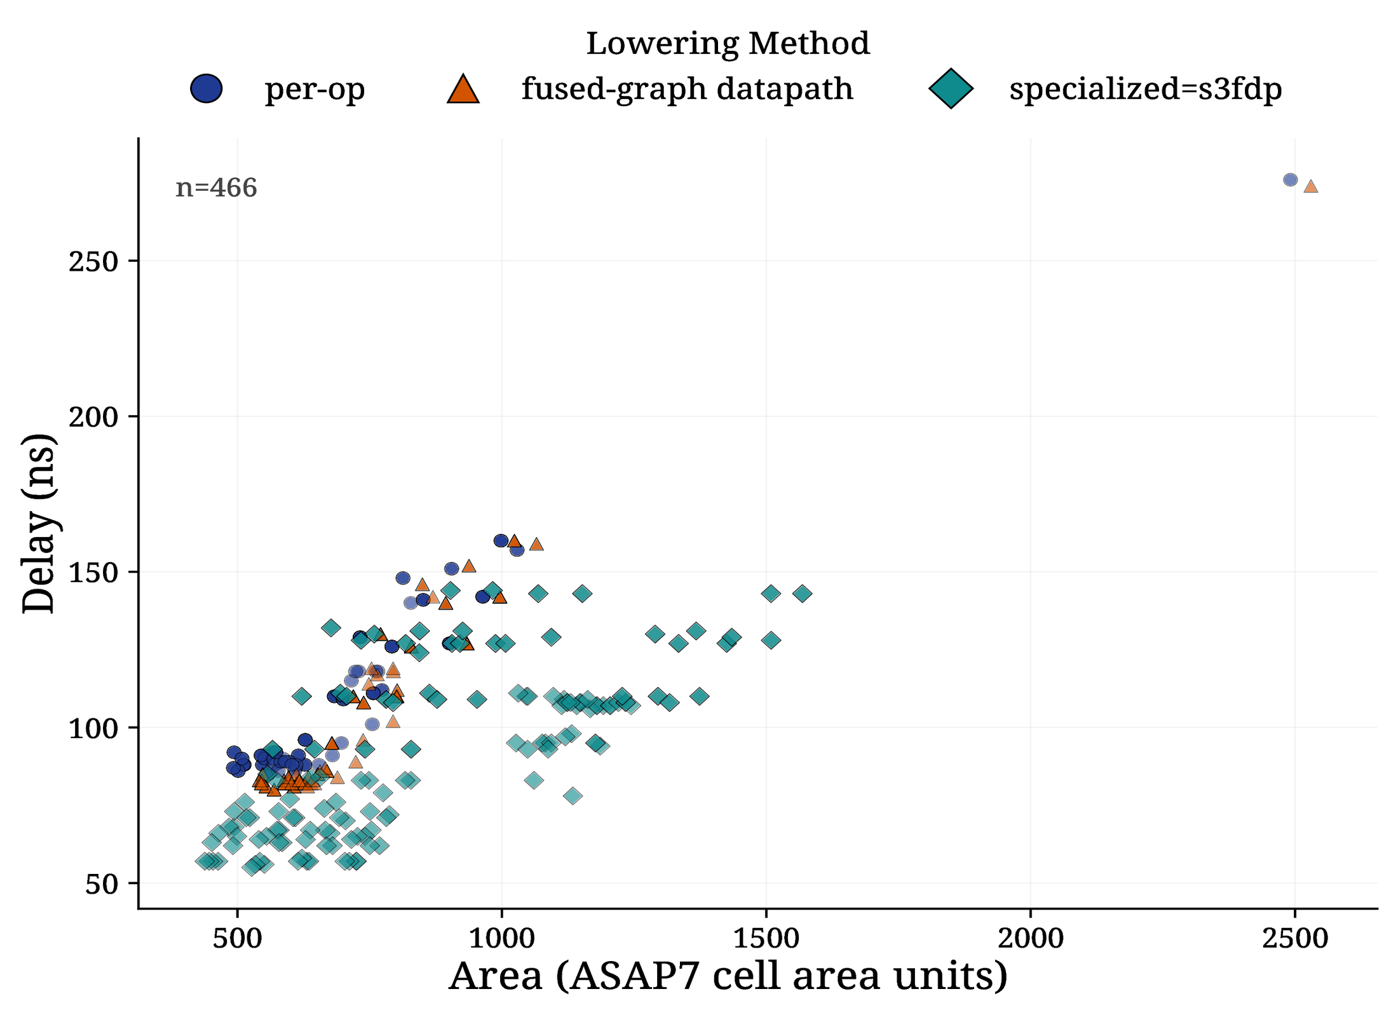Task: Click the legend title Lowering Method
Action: point(728,44)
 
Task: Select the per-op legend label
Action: point(315,89)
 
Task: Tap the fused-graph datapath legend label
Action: point(687,89)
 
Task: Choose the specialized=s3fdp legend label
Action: point(1145,89)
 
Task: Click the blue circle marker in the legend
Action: point(207,88)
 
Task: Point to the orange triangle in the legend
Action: point(463,89)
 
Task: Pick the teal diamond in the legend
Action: point(951,89)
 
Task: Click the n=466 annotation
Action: point(216,188)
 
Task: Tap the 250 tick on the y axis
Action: point(93,261)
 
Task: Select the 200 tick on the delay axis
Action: point(93,417)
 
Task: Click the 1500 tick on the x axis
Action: point(766,939)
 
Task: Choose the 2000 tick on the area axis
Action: point(1031,939)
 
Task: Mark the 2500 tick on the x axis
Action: point(1295,939)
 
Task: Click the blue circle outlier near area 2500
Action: point(1290,180)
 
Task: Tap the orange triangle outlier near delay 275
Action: point(1311,187)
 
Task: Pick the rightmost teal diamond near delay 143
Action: point(803,594)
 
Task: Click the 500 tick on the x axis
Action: point(238,939)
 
